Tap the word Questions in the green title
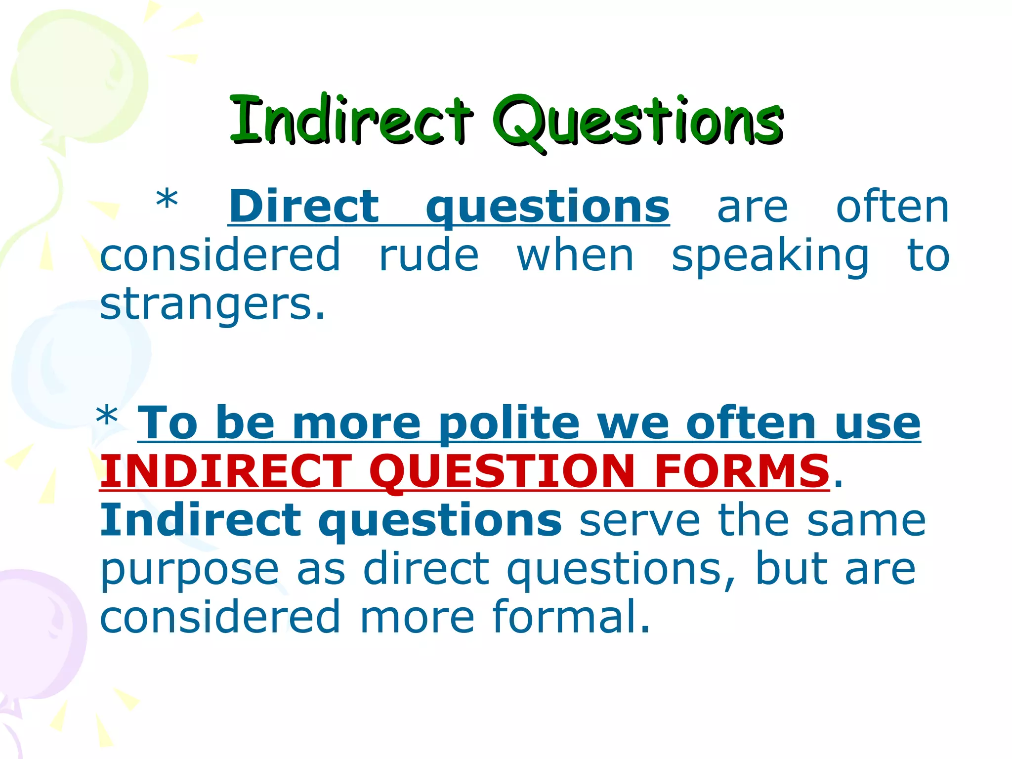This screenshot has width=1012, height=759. (637, 122)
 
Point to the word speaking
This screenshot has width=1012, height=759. (770, 256)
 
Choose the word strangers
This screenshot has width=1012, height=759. (212, 305)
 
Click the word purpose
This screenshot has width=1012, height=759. (189, 570)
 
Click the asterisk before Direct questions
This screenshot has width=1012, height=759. (167, 200)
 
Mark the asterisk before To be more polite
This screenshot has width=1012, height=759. (107, 416)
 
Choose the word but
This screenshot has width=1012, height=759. (791, 569)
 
